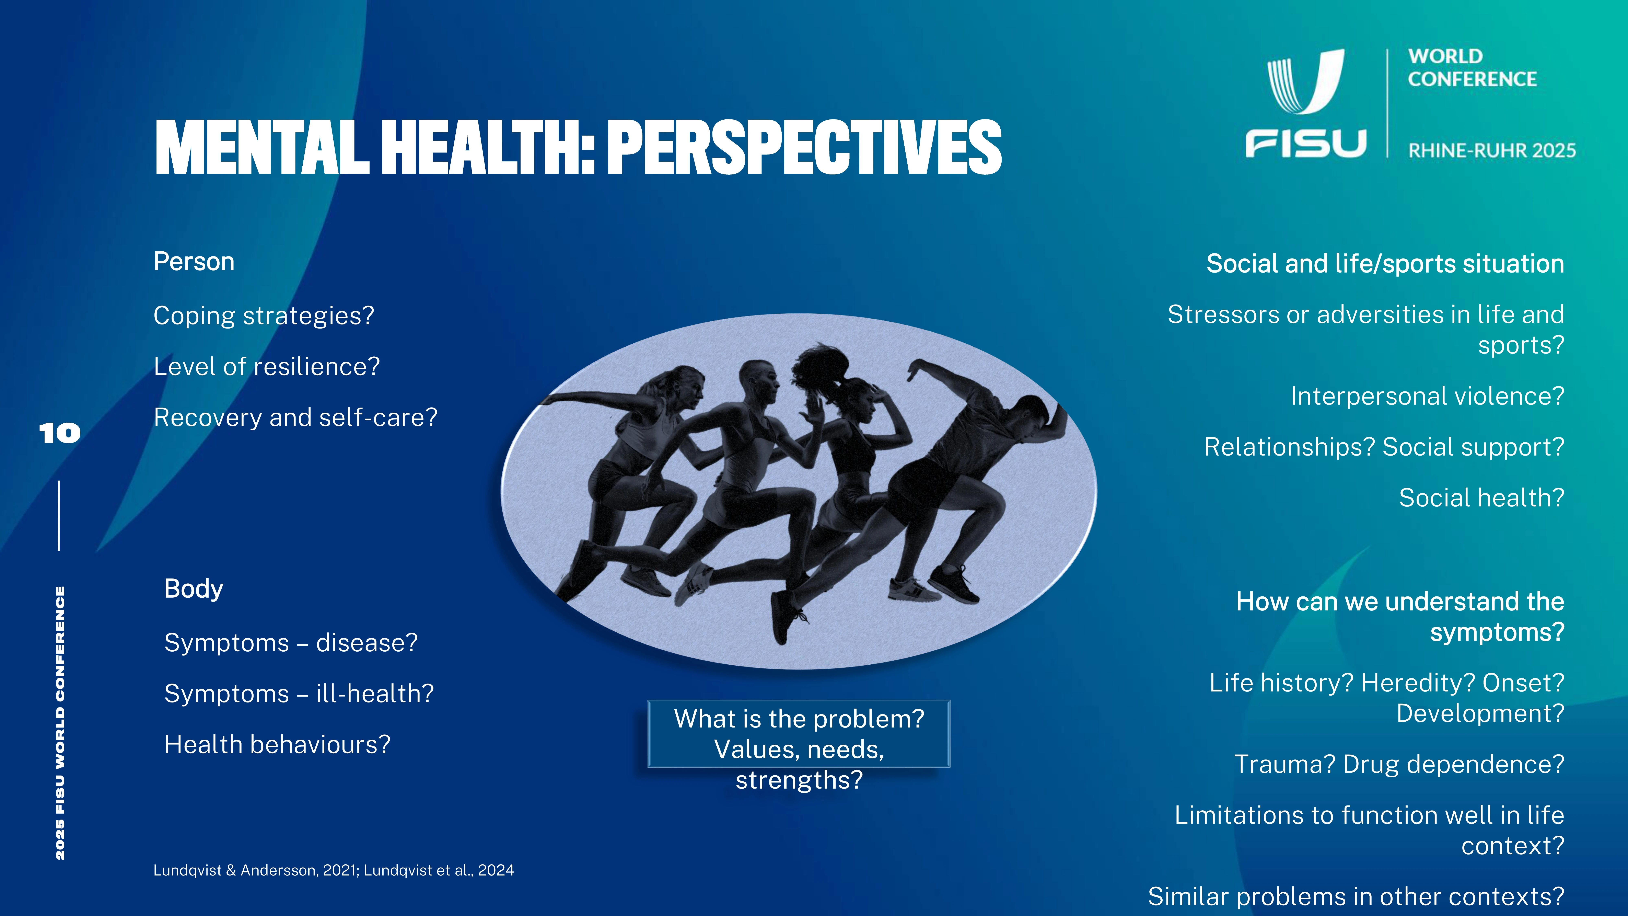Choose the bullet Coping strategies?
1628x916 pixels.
pos(264,316)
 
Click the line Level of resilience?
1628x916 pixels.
pos(267,367)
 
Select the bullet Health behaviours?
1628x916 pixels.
pos(277,745)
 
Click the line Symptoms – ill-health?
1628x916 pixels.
pos(299,694)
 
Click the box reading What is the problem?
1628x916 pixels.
pos(799,734)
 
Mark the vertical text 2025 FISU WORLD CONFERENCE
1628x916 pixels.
pos(60,723)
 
